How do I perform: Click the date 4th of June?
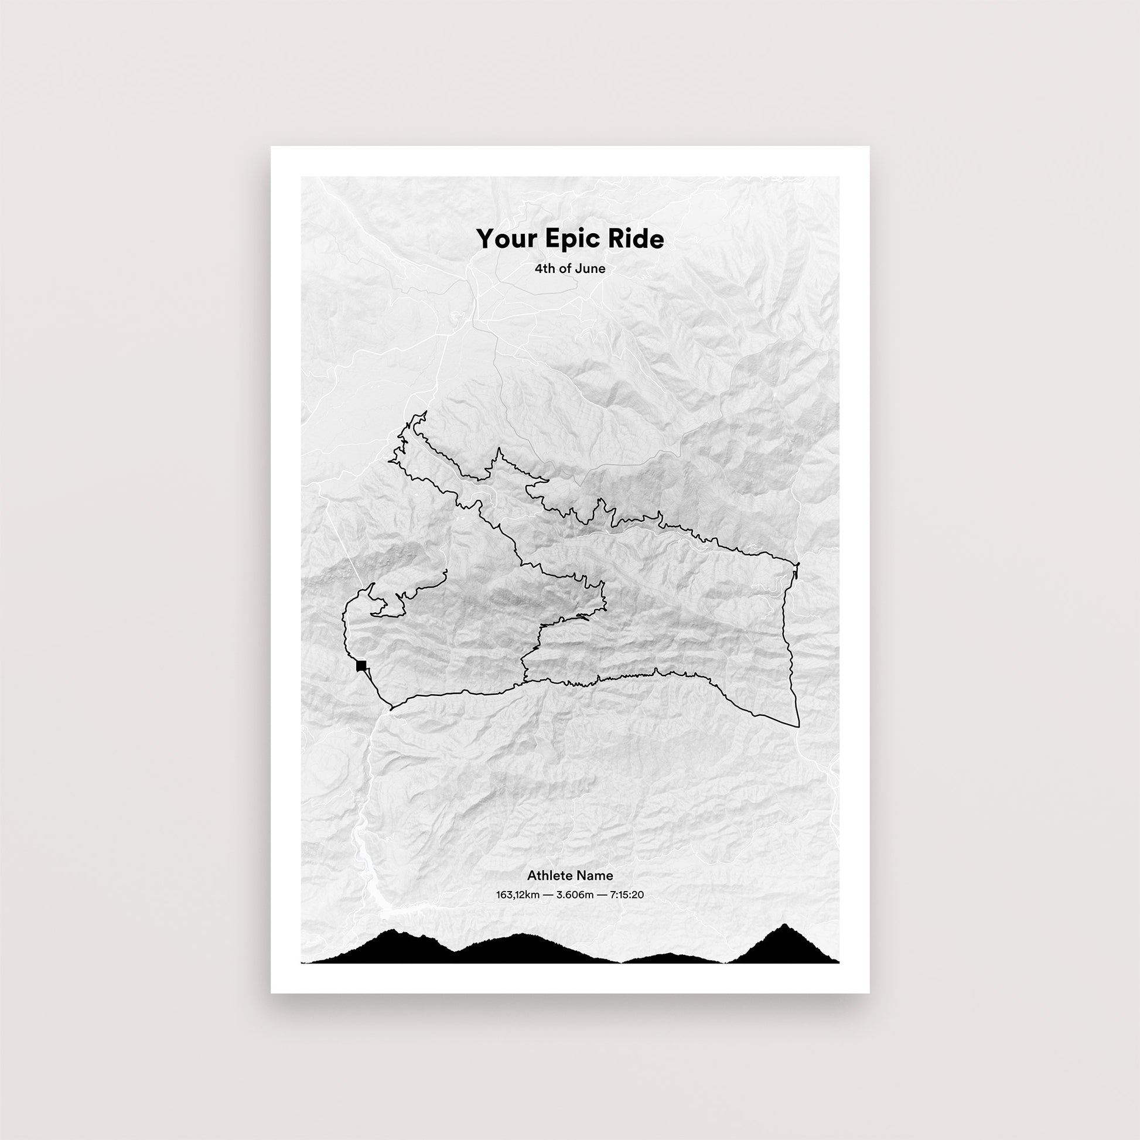coord(569,269)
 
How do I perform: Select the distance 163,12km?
coord(517,895)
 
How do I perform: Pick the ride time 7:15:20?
coord(627,895)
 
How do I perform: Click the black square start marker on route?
coord(361,666)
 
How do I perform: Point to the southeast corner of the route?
coord(798,726)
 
